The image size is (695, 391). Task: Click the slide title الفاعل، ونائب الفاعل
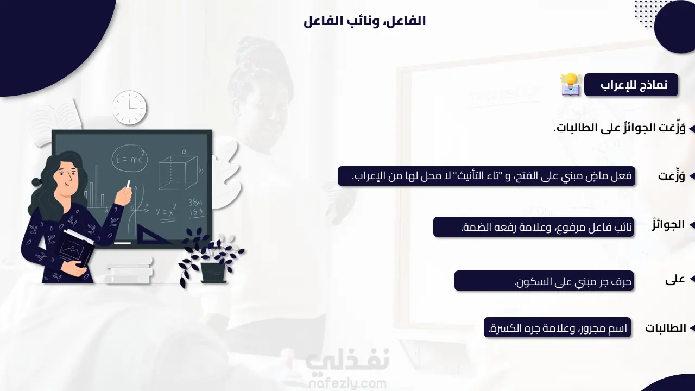click(364, 21)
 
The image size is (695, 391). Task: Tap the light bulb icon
click(571, 84)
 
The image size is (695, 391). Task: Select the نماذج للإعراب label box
click(631, 85)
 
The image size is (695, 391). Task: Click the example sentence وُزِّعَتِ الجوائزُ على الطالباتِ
click(620, 128)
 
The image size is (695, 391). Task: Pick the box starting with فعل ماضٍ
click(486, 176)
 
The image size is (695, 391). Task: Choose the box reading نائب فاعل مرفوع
click(533, 227)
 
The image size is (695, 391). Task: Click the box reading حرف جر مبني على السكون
click(544, 281)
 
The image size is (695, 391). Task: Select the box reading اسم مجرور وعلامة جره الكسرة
click(557, 327)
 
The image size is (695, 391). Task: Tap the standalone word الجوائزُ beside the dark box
click(668, 225)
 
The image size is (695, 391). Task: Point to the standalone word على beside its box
click(675, 279)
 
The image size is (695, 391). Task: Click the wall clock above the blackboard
click(129, 108)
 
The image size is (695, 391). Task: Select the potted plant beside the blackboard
click(211, 256)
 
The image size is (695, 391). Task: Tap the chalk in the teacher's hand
click(129, 184)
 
